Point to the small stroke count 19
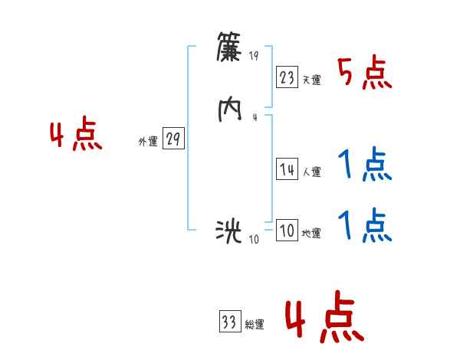(x=255, y=55)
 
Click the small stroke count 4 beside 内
(x=255, y=116)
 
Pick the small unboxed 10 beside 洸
(x=255, y=239)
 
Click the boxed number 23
(x=287, y=78)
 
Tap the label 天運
(x=311, y=80)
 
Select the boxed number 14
(x=287, y=170)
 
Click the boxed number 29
(x=173, y=139)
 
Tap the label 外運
(x=148, y=142)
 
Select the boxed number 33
(x=228, y=322)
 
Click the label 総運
(x=255, y=325)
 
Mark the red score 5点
(x=364, y=73)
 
